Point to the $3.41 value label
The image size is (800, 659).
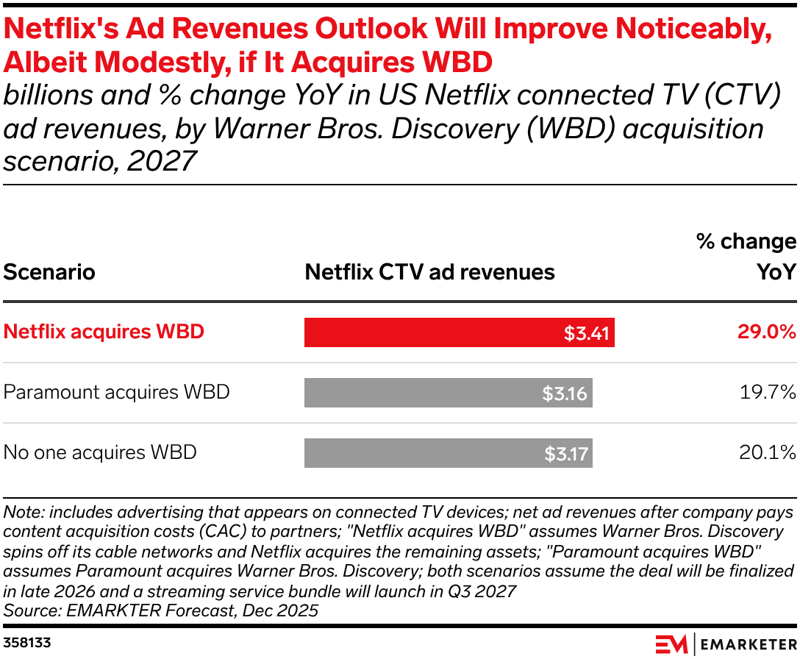click(587, 333)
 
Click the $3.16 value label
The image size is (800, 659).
click(565, 393)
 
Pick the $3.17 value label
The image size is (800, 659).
click(566, 454)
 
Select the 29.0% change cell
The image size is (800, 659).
click(767, 332)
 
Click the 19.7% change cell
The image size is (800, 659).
click(768, 393)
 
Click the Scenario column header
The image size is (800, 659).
click(49, 272)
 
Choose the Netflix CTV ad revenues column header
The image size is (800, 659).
click(429, 272)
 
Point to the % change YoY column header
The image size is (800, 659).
click(747, 257)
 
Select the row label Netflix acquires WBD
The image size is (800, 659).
click(104, 332)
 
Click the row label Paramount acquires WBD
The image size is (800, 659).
click(116, 392)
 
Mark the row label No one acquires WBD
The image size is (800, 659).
click(100, 452)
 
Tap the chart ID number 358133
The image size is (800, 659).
click(27, 643)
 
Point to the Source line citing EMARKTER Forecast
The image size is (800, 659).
click(161, 610)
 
